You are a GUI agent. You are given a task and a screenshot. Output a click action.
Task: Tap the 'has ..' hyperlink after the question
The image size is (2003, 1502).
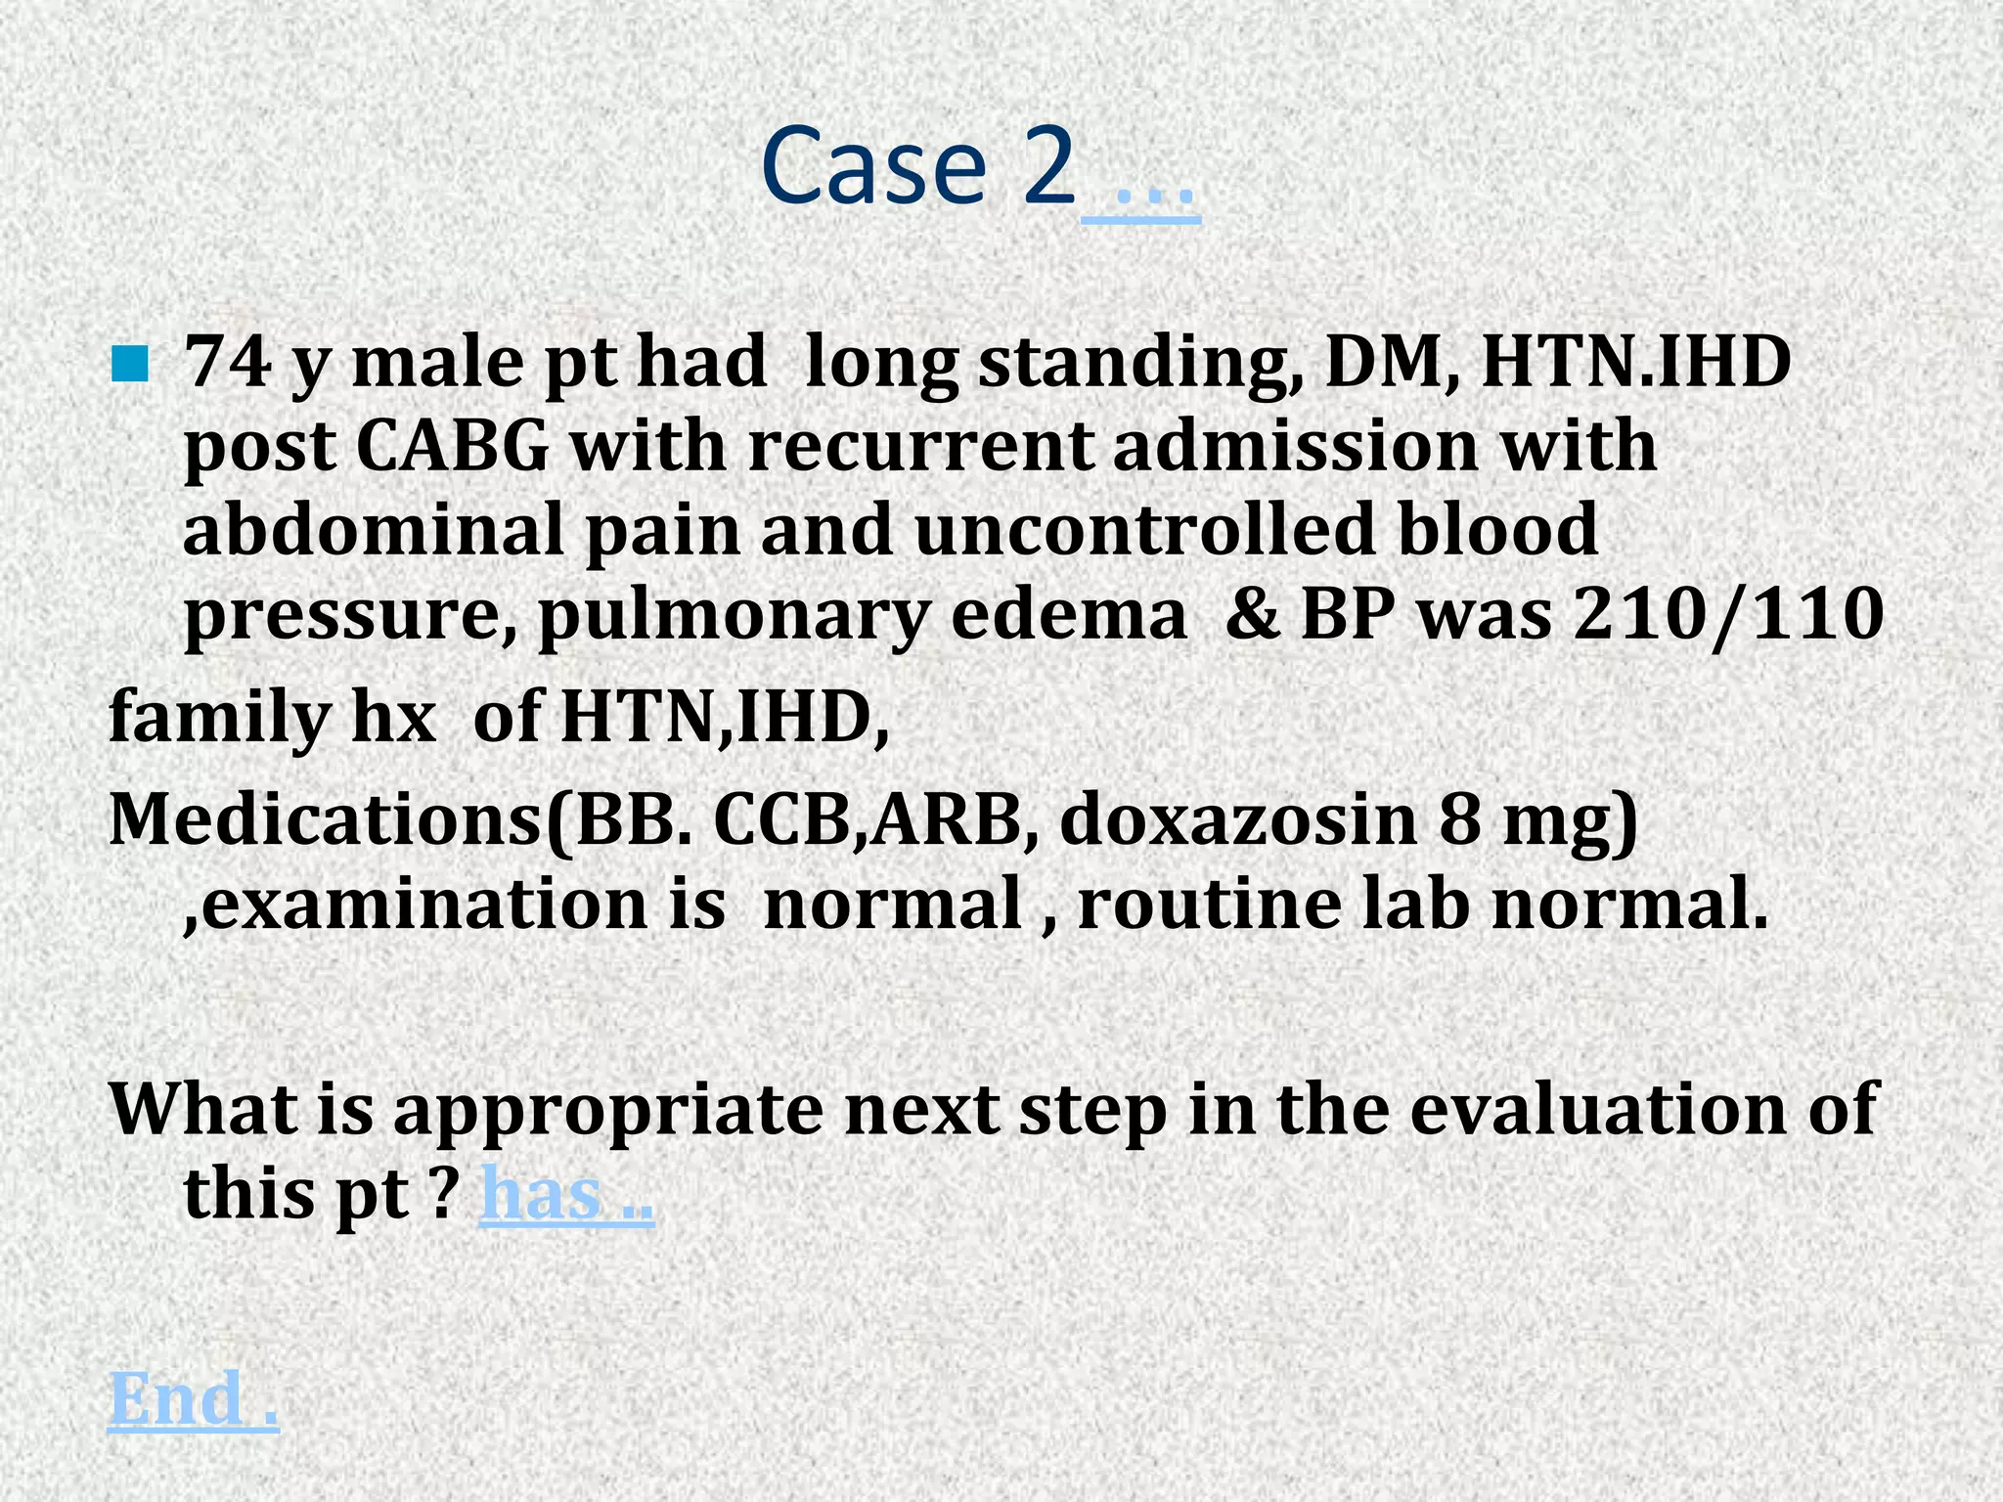click(x=566, y=1194)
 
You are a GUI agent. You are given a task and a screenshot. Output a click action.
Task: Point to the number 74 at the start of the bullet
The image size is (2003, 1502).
click(x=227, y=362)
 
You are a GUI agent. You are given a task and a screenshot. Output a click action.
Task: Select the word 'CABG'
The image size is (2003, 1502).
click(x=452, y=447)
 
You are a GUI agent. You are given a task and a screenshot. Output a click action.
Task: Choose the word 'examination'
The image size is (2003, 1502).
click(x=415, y=904)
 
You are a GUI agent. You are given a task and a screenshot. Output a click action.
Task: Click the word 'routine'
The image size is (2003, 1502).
click(x=1209, y=904)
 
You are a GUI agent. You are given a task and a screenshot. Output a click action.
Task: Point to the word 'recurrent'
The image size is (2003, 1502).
click(x=919, y=447)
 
